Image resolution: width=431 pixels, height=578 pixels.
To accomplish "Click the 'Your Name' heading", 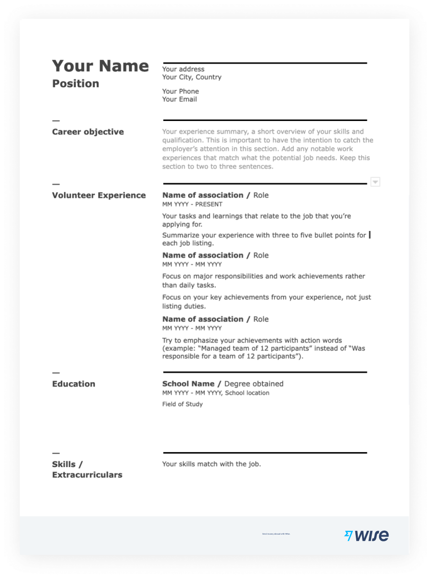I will (x=100, y=66).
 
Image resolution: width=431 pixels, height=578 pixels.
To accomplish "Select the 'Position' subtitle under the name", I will (x=76, y=84).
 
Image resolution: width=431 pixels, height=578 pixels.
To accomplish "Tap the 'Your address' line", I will (x=183, y=69).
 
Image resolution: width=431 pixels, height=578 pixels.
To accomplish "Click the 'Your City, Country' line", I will (x=192, y=77).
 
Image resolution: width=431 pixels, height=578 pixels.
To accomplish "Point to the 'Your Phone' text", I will (x=180, y=92).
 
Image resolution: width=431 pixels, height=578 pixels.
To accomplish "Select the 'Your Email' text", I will (x=179, y=100).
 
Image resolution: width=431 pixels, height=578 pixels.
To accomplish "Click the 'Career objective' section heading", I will (x=88, y=132).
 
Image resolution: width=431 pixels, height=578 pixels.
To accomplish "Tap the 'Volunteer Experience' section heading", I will (x=99, y=196).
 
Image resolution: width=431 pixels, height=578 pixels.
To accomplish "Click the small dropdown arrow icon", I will (x=376, y=182).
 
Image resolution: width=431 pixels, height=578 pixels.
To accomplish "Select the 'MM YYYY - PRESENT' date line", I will (x=192, y=204).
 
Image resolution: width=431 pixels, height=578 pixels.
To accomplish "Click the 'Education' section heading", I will (x=74, y=384).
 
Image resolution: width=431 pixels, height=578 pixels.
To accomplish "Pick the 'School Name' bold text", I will (x=188, y=384).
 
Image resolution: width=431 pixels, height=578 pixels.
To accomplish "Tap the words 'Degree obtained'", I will (x=254, y=384).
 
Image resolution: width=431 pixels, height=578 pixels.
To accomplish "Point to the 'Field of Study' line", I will (x=182, y=404).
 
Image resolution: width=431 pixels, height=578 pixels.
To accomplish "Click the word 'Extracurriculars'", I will (x=87, y=475).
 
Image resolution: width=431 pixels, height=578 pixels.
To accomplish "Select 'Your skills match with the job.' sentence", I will (x=212, y=464).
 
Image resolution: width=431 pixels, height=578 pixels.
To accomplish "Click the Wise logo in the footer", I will (x=366, y=536).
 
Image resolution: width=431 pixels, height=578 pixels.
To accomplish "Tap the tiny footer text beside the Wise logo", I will (x=276, y=534).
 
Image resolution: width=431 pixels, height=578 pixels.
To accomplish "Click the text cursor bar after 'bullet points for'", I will (x=370, y=235).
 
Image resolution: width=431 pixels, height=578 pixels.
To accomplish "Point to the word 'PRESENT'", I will (x=209, y=204).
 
